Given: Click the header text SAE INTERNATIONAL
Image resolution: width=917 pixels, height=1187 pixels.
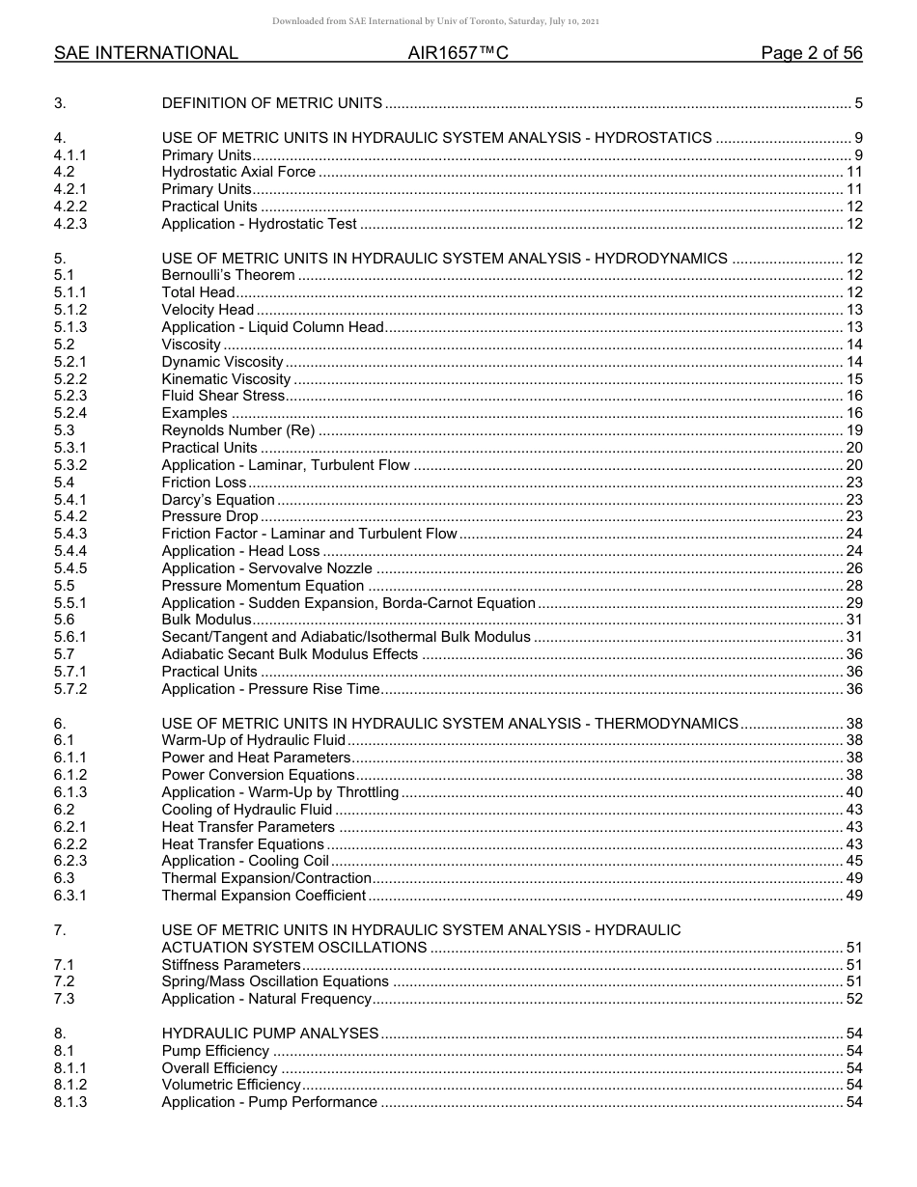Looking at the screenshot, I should [146, 54].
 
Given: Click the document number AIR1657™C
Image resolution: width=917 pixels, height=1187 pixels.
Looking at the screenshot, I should [458, 54].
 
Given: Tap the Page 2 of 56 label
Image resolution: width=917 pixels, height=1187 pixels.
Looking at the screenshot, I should [811, 54].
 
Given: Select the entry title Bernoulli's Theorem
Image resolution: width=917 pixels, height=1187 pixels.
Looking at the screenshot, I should [228, 276].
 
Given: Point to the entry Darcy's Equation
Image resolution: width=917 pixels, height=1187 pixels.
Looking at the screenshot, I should [218, 500].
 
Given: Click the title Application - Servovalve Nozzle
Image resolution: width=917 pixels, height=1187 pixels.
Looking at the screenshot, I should [266, 568].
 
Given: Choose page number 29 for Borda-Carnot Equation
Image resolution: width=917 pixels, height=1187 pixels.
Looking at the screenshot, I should [853, 603].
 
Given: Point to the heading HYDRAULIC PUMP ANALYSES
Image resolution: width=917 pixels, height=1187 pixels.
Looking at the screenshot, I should [270, 1034].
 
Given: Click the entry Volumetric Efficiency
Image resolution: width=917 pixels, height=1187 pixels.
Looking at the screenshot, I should [231, 1086].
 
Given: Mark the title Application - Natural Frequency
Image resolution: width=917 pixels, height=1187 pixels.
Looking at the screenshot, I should [266, 999].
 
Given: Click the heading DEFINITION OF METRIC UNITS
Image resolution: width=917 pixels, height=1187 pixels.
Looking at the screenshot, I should [272, 103].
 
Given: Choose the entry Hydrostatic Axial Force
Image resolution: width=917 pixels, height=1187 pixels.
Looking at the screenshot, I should [238, 172].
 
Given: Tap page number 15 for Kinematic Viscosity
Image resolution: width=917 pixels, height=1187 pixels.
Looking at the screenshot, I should [853, 379].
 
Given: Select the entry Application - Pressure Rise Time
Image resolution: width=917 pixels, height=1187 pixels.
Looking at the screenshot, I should [270, 689].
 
